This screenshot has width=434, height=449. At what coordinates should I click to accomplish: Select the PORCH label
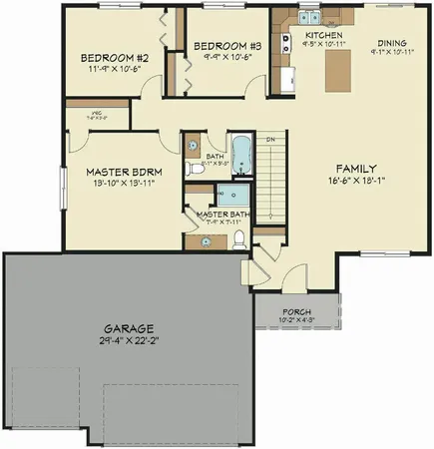tap(296, 309)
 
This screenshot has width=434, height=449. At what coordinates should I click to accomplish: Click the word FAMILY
tap(356, 168)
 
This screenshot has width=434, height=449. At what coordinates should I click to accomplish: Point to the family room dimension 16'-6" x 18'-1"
tap(356, 181)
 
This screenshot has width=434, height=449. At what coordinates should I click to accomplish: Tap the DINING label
tap(392, 43)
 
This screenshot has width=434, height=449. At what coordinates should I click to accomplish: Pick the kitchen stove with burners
tap(284, 43)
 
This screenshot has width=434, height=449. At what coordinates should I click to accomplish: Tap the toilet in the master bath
tap(239, 237)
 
